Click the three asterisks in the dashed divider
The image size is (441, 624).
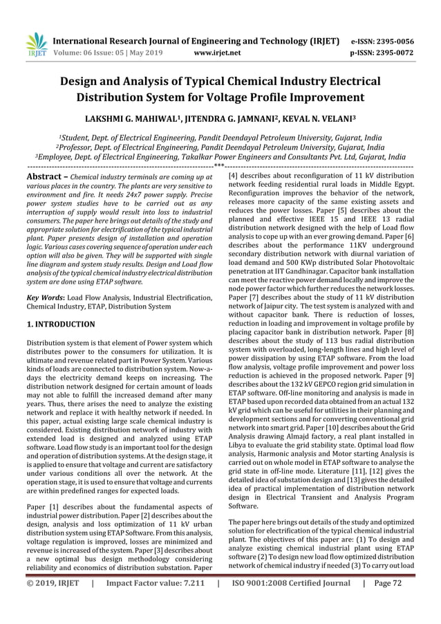(x=219, y=166)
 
